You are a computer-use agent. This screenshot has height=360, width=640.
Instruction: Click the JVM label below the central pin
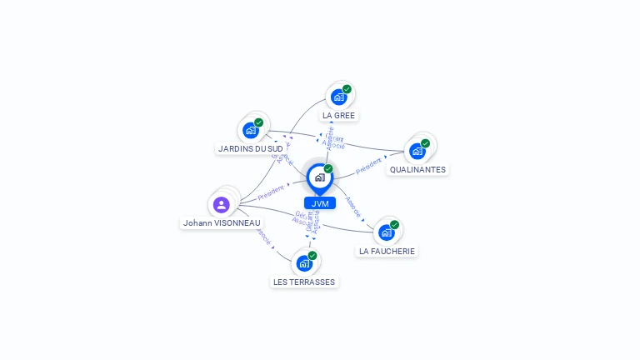(320, 203)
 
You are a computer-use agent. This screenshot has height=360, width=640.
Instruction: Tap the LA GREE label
(339, 115)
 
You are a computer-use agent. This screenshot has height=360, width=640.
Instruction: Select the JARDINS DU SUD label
(244, 148)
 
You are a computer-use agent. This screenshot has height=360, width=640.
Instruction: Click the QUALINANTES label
(417, 169)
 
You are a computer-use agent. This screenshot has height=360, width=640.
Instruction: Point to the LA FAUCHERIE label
(387, 251)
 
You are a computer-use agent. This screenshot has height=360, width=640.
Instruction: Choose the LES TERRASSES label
(304, 282)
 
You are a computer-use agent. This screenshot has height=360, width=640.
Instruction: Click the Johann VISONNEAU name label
(222, 222)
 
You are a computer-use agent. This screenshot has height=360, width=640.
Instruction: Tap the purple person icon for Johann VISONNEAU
(221, 204)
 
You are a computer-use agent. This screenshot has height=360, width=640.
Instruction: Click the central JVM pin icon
(319, 177)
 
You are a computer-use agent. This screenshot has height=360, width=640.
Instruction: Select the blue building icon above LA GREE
(338, 97)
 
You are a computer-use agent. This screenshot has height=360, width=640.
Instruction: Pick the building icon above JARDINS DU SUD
(250, 130)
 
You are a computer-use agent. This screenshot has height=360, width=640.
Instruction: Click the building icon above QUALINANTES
(417, 151)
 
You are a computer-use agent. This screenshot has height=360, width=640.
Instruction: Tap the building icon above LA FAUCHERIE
(386, 232)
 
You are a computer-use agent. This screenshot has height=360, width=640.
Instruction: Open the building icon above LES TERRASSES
(304, 263)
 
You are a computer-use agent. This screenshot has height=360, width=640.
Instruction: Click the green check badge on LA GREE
(347, 89)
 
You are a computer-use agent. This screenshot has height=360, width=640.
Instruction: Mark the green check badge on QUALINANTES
(425, 143)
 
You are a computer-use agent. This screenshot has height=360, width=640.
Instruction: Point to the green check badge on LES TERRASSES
(312, 256)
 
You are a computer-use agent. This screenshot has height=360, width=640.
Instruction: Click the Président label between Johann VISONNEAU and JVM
(271, 192)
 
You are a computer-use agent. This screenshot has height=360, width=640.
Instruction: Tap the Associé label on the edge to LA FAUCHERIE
(353, 207)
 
